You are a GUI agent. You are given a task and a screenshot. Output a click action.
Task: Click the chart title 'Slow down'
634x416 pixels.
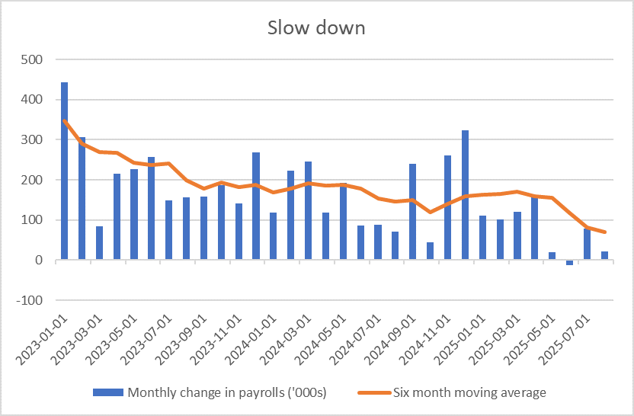pos(316,28)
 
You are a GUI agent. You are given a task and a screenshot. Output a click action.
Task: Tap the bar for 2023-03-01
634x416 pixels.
pos(99,243)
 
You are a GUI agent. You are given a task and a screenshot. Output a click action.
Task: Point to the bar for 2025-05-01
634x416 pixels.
pos(552,256)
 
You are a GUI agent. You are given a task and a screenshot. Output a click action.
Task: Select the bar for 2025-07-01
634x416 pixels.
pos(587,245)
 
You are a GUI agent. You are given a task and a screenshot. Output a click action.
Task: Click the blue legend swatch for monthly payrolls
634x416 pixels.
pos(107,393)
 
